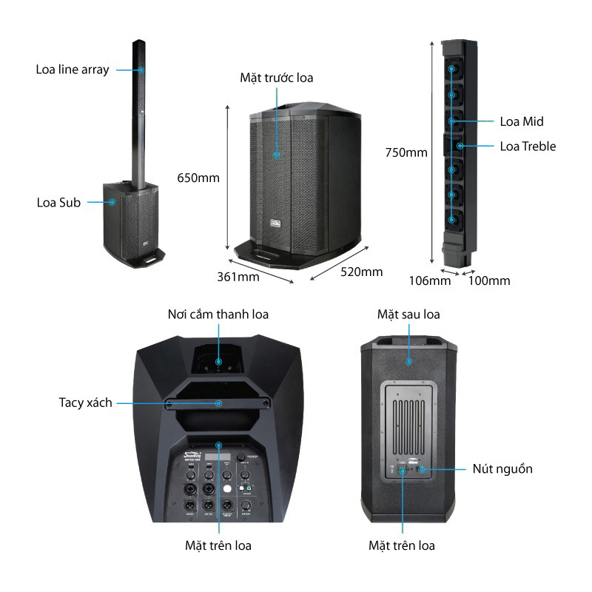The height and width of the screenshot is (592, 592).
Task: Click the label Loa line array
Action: [73, 70]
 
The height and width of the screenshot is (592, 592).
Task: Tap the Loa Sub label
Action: [58, 202]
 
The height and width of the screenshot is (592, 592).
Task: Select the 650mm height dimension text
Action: [198, 178]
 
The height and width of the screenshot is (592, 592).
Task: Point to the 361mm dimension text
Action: [238, 277]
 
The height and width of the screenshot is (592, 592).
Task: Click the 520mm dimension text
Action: [362, 272]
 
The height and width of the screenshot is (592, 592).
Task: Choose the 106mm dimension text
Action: [430, 280]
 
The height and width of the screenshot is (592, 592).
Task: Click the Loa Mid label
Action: [522, 121]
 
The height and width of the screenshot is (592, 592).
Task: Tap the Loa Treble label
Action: [528, 146]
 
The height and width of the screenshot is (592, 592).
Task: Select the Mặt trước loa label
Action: [276, 77]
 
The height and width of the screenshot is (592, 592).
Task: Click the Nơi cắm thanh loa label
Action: [218, 314]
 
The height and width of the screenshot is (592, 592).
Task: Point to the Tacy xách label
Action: [86, 403]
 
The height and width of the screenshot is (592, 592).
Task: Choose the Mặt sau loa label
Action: [408, 314]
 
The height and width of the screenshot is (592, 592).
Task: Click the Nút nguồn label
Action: [502, 468]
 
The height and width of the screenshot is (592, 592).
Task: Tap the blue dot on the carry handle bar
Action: [219, 403]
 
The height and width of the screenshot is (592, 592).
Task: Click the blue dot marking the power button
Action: [422, 469]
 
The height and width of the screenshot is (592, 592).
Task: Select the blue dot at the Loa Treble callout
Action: [460, 146]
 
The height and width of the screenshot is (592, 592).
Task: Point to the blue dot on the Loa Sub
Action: [113, 202]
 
